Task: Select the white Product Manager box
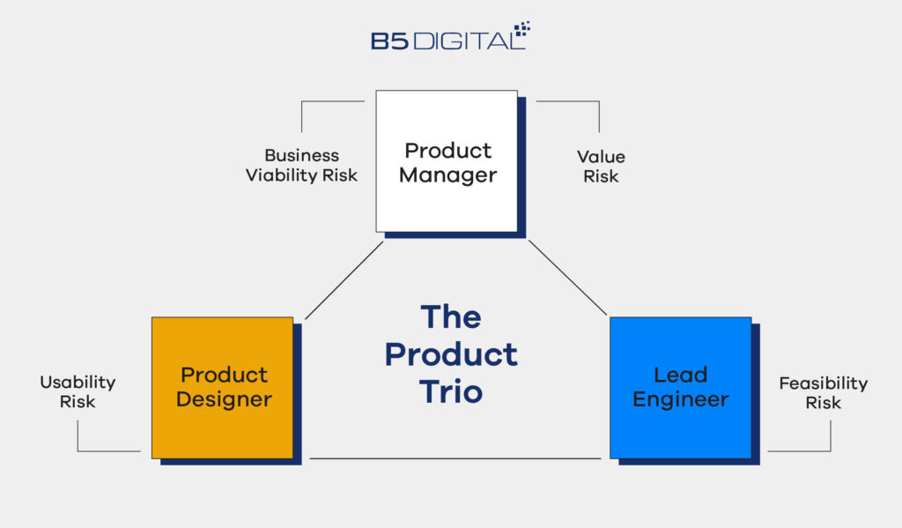(447, 161)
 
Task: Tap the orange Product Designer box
(222, 387)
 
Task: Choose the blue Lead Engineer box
(680, 387)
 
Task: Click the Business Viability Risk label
(301, 166)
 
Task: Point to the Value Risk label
(601, 166)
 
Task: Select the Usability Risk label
(78, 392)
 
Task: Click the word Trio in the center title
(451, 391)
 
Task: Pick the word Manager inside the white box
(447, 175)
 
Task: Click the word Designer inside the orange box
(224, 399)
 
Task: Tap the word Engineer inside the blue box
(681, 399)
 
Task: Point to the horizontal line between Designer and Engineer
(455, 458)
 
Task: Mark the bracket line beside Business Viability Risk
(302, 115)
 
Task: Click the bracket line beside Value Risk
(599, 115)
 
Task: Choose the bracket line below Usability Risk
(78, 437)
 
